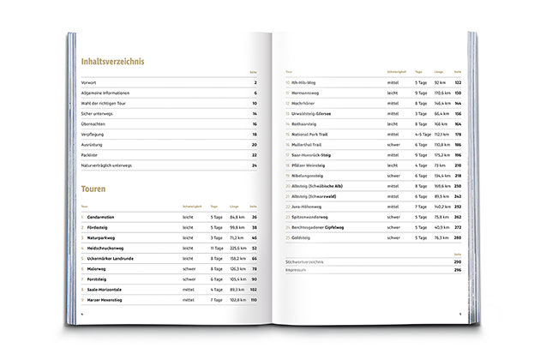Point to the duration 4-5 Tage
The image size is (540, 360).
[x=423, y=134]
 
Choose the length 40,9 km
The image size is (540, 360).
[x=443, y=226]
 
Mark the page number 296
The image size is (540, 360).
[x=459, y=270]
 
